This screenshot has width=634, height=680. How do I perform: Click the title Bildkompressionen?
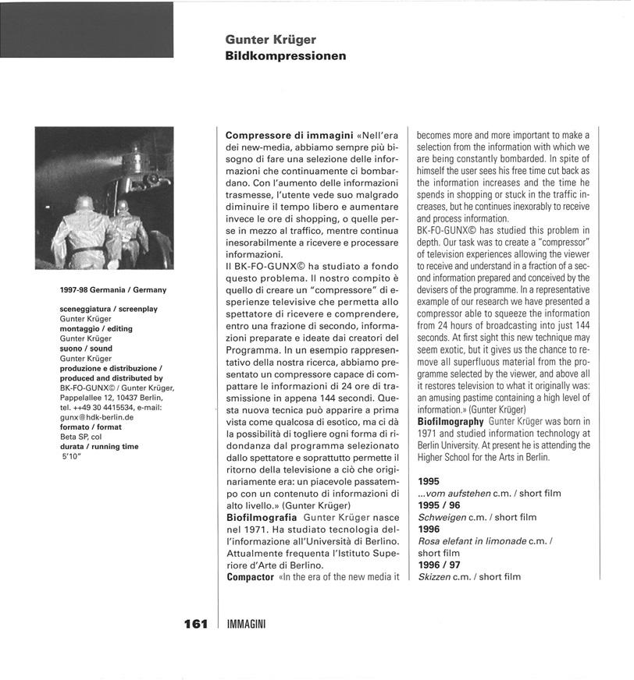click(x=285, y=56)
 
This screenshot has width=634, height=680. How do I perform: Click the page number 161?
click(x=195, y=623)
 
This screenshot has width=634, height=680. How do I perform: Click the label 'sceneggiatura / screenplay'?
click(x=109, y=309)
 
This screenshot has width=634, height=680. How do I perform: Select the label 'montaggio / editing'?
click(x=96, y=329)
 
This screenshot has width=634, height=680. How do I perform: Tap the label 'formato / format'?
click(x=90, y=428)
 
